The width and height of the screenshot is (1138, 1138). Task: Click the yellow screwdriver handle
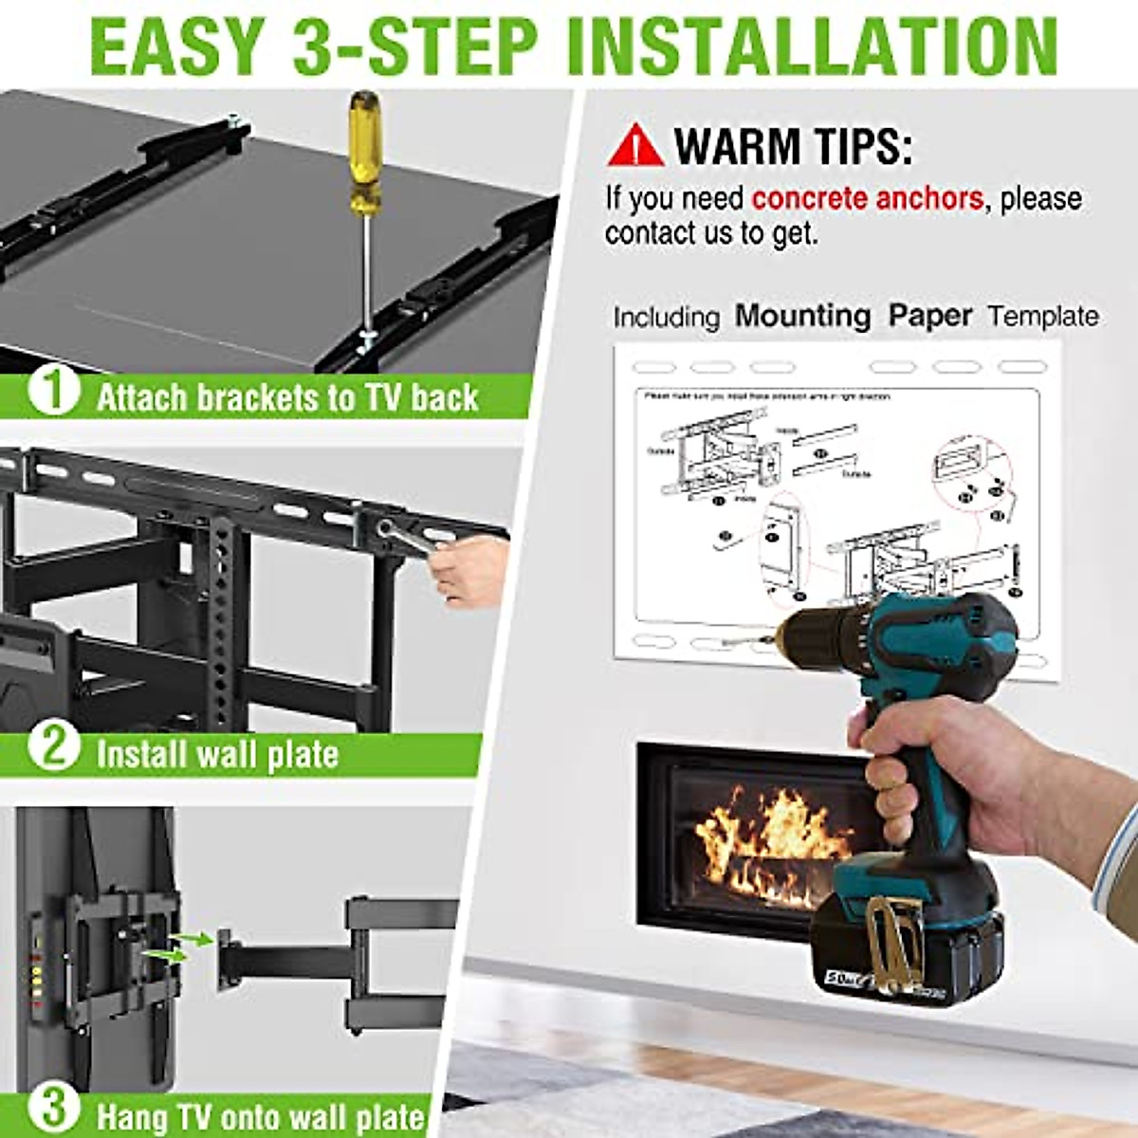(x=363, y=152)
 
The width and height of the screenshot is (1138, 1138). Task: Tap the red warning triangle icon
(x=635, y=145)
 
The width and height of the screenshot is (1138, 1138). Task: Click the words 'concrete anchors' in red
(x=867, y=198)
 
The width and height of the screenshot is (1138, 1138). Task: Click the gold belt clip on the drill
(x=891, y=939)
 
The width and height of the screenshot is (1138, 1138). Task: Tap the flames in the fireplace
(x=768, y=835)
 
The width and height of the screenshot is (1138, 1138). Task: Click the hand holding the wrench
(x=469, y=569)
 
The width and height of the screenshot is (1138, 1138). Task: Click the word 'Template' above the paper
(x=1043, y=317)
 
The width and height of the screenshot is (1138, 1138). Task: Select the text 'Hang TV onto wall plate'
(x=261, y=1115)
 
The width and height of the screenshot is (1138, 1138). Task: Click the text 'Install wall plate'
(x=217, y=755)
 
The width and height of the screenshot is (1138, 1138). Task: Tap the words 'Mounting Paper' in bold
(x=853, y=316)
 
